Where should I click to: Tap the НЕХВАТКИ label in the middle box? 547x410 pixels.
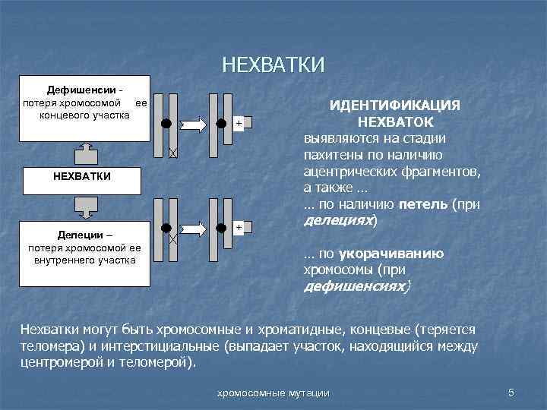83,176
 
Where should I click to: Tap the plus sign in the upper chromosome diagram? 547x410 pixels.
239,123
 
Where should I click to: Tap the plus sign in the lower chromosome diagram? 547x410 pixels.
239,227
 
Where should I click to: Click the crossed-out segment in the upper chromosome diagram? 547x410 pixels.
172,153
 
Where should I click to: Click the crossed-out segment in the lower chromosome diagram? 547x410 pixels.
172,238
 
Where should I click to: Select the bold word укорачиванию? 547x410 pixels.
397,254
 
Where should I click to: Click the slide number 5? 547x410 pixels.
511,392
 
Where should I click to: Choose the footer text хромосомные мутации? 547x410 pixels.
273,393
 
